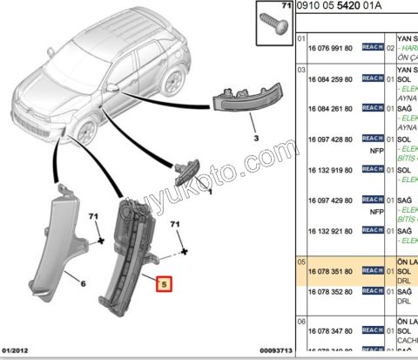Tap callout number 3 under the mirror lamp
coord(257,138)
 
